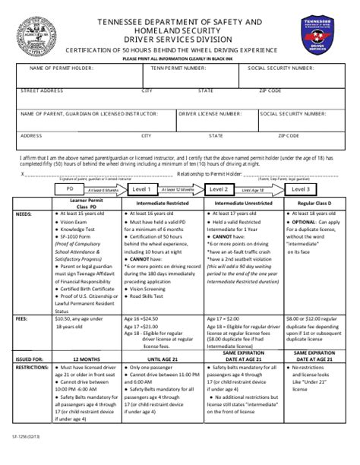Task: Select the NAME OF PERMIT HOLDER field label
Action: click(58, 68)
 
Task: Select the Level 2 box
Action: click(219, 189)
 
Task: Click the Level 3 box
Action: click(301, 189)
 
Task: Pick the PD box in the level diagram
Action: click(71, 189)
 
